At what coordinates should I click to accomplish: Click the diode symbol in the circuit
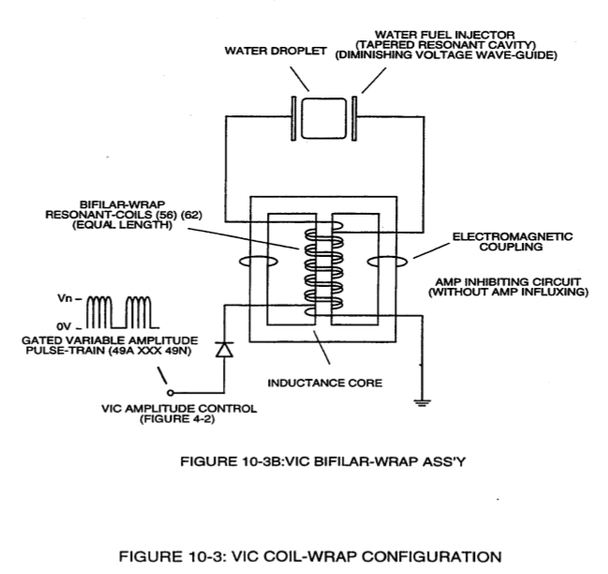(x=224, y=349)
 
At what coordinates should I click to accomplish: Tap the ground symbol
(x=422, y=402)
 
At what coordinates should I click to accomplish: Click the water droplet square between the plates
(x=324, y=118)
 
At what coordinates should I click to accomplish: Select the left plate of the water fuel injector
(x=293, y=118)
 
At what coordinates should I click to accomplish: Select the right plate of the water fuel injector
(x=354, y=118)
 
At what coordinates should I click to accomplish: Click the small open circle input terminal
(x=171, y=393)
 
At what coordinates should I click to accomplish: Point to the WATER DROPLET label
(x=275, y=51)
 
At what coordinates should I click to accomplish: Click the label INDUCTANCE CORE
(x=325, y=383)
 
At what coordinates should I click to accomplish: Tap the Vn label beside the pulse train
(x=65, y=298)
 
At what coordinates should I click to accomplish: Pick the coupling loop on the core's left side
(x=259, y=262)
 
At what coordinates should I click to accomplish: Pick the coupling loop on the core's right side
(x=388, y=262)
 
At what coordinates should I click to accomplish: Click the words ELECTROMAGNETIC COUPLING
(x=512, y=242)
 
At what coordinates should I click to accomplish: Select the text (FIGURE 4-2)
(x=177, y=419)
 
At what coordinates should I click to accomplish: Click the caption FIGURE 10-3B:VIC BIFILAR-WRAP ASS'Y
(x=323, y=461)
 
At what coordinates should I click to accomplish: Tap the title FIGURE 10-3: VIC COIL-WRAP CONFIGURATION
(x=310, y=556)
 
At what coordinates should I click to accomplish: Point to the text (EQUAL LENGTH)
(x=122, y=225)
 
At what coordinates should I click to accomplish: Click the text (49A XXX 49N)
(x=150, y=351)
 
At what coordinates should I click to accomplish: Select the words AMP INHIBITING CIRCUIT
(x=509, y=281)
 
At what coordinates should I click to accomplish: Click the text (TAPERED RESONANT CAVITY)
(x=446, y=45)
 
